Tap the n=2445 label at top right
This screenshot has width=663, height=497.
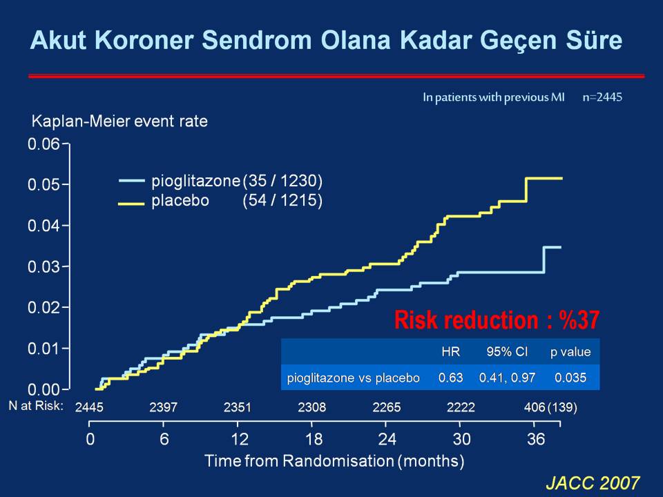(x=602, y=97)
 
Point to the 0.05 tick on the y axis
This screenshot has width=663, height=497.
(x=66, y=184)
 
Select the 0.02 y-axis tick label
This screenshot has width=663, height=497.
(x=44, y=307)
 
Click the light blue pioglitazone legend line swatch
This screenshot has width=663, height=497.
(x=131, y=181)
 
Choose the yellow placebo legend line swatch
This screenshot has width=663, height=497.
(x=131, y=203)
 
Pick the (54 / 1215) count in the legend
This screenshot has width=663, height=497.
(x=282, y=200)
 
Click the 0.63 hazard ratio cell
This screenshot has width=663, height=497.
(x=450, y=378)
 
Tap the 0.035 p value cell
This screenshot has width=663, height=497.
(x=570, y=378)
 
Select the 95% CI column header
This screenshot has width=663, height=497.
(x=507, y=351)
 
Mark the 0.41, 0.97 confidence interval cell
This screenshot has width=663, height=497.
(x=507, y=378)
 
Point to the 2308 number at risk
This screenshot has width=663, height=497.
(x=311, y=407)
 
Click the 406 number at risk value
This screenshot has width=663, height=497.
(x=535, y=407)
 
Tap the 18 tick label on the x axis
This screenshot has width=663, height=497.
(x=314, y=439)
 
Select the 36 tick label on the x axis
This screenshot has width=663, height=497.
(x=536, y=439)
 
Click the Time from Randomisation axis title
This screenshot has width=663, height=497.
(x=334, y=460)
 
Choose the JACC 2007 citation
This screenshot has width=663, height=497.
(x=593, y=483)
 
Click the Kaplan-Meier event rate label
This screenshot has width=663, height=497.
(x=119, y=121)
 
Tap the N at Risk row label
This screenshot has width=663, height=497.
(x=36, y=406)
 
